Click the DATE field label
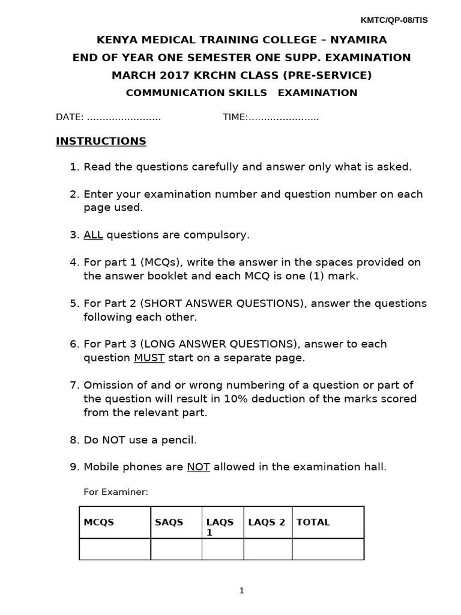(x=68, y=117)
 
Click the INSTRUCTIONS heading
(x=101, y=141)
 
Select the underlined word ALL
(x=93, y=235)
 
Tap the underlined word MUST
(x=149, y=358)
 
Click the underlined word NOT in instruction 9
(x=198, y=467)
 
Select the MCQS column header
(x=98, y=523)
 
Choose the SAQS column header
(x=169, y=523)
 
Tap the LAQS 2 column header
(x=267, y=523)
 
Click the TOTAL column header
(x=313, y=523)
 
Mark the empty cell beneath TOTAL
(x=327, y=549)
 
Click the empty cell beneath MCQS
(x=115, y=549)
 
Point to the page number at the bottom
(x=242, y=590)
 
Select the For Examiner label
(x=115, y=492)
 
